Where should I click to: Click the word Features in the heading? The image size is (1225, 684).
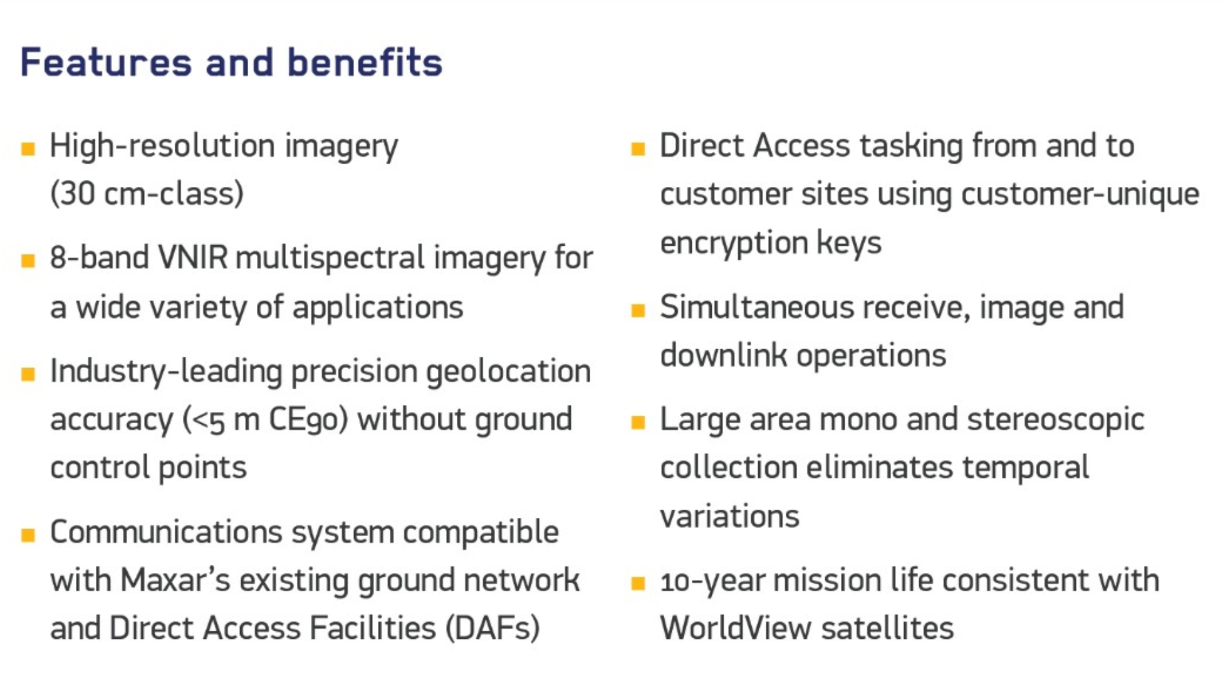(106, 62)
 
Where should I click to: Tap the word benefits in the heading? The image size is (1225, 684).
(365, 62)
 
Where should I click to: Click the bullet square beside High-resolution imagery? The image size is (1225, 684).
(28, 149)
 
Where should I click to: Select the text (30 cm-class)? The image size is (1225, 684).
(147, 193)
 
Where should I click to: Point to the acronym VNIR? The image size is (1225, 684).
(193, 258)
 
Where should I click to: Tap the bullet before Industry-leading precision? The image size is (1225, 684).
(28, 374)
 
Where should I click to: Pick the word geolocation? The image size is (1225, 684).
(508, 371)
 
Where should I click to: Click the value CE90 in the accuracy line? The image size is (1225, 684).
(308, 419)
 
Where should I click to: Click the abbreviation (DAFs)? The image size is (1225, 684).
(493, 628)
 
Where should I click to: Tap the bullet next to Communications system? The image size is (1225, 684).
(28, 535)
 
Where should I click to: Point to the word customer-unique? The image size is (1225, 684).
(1080, 194)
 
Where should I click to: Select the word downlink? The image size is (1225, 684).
(723, 355)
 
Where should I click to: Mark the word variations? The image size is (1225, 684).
(730, 517)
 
